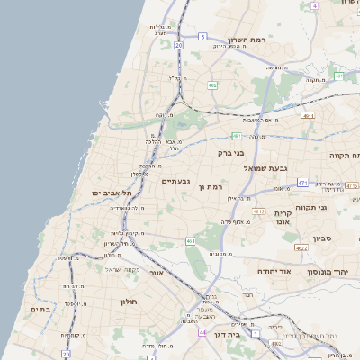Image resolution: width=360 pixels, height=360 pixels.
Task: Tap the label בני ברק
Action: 232,153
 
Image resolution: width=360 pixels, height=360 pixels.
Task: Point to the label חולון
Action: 107,301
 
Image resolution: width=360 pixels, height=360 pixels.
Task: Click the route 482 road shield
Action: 211,85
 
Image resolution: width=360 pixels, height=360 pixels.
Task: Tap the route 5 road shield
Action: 203,37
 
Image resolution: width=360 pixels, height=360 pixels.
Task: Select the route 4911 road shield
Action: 308,116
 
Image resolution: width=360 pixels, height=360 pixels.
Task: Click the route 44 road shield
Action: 203,333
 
